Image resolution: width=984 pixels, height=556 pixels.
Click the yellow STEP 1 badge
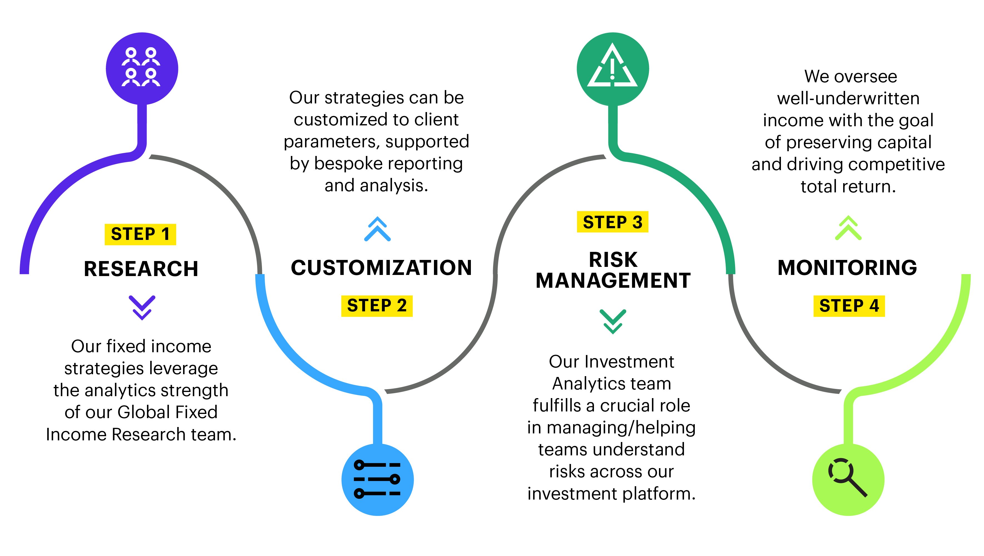[x=140, y=234]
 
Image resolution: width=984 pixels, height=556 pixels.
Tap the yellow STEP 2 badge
[x=377, y=306]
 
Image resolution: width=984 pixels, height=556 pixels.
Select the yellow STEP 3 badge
[x=612, y=222]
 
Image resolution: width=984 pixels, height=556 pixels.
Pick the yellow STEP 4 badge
[x=849, y=306]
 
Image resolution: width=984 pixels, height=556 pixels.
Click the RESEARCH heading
[x=141, y=269]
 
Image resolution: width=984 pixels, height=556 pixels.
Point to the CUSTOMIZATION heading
[x=381, y=267]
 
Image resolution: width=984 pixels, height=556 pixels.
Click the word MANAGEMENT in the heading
[x=613, y=281]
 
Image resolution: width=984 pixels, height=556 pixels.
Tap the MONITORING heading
[x=847, y=267]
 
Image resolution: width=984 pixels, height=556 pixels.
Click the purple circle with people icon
[x=142, y=68]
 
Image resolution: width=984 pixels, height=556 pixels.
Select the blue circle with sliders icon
[x=377, y=480]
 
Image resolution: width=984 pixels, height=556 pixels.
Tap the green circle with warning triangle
[x=612, y=69]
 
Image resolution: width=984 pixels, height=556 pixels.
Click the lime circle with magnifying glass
[x=848, y=480]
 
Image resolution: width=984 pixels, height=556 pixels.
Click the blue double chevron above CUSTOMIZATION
[x=377, y=229]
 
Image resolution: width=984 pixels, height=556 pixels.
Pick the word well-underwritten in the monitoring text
[x=848, y=99]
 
